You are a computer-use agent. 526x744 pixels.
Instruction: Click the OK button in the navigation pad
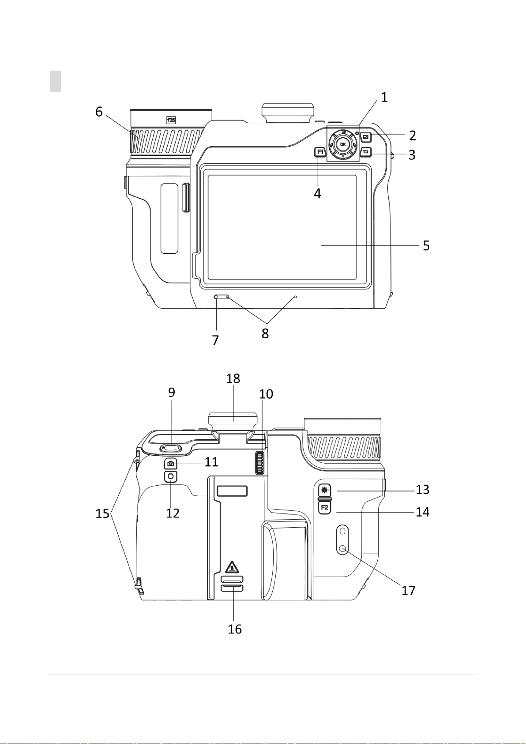pos(343,144)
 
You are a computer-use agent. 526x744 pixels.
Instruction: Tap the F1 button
pos(320,152)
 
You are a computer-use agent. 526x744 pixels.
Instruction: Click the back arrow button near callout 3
pos(366,152)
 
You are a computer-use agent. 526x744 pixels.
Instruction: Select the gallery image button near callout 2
pos(366,136)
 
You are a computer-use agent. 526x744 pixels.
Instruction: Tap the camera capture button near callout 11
pos(171,463)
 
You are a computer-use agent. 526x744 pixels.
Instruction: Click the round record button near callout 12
pos(171,476)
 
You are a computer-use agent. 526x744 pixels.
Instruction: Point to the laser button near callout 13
pos(325,490)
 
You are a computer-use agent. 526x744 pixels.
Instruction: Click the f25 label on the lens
pos(171,120)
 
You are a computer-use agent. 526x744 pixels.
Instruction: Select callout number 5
pos(426,245)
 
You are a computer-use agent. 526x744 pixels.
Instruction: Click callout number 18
pos(233,378)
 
